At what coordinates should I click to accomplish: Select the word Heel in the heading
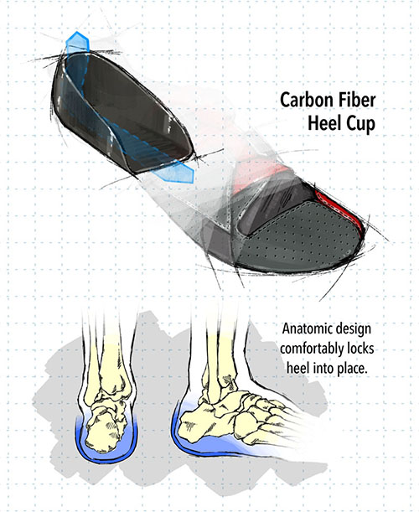coord(323,123)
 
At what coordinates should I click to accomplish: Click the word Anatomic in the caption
coord(306,328)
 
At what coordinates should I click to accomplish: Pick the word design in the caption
coord(352,329)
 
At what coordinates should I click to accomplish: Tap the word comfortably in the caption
coord(310,349)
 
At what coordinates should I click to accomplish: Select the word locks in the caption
coord(359,349)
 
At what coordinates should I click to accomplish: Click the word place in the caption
coord(350,369)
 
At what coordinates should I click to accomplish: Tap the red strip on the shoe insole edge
coord(340,209)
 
